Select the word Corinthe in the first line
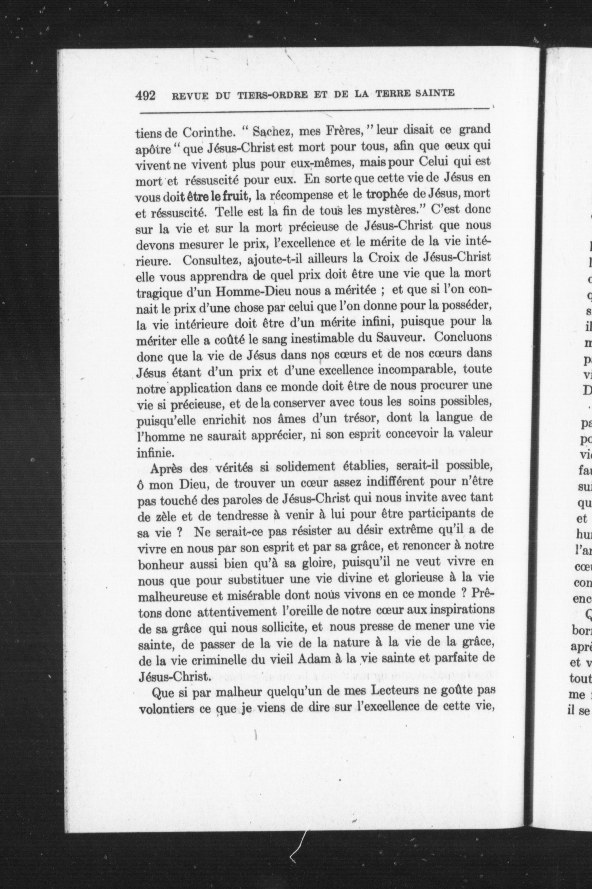click(x=207, y=133)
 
